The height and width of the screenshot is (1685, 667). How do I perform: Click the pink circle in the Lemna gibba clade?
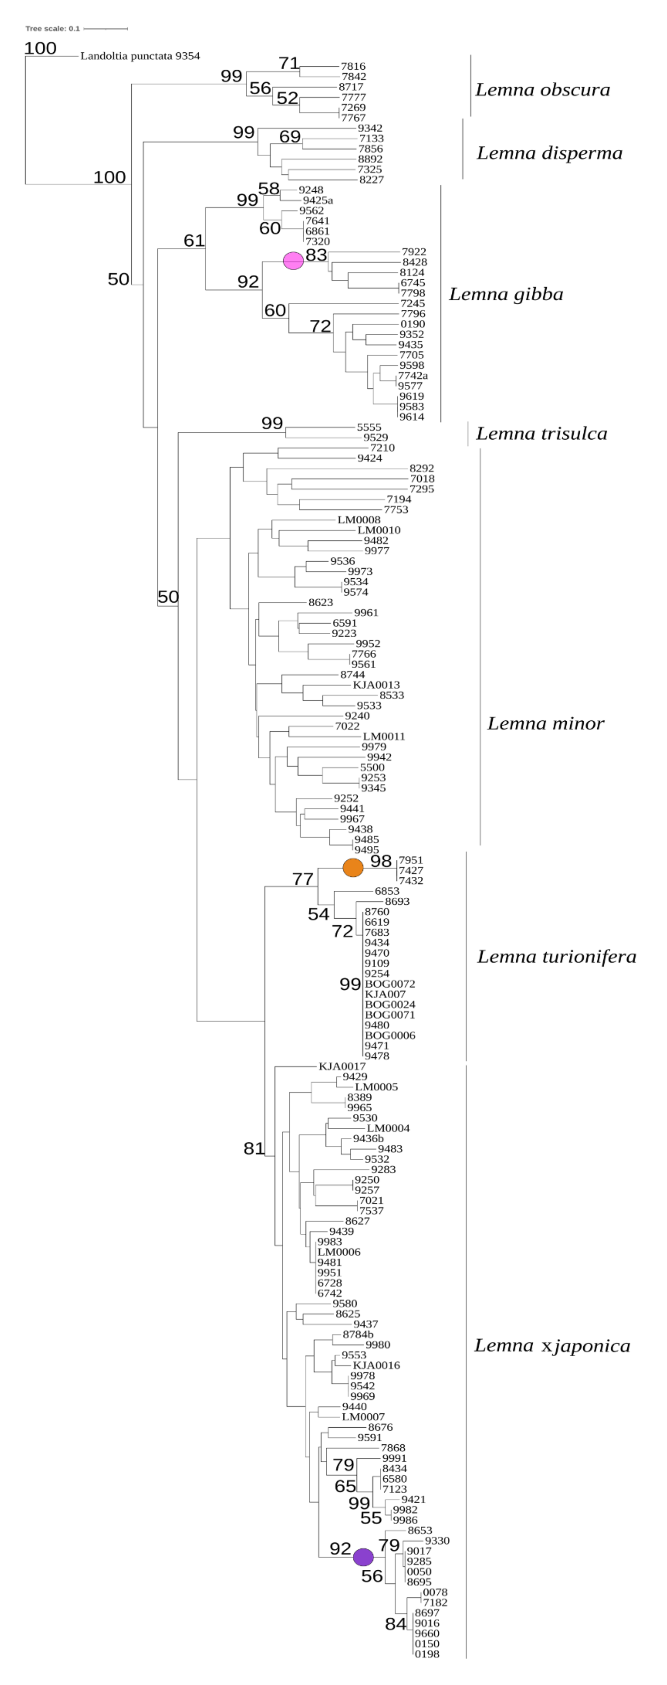tap(293, 260)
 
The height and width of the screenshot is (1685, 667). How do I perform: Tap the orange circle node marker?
tap(353, 867)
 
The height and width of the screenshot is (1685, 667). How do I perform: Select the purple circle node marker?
tap(363, 1557)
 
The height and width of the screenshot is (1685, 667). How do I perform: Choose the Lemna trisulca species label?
tap(541, 434)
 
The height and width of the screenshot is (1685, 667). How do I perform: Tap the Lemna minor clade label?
tap(545, 723)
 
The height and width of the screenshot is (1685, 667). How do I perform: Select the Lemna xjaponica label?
tap(552, 1346)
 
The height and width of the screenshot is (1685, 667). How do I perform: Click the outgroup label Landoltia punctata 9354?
tap(140, 56)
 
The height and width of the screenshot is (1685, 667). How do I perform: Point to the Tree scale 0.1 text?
tap(52, 29)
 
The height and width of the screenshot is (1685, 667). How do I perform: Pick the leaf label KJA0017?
tap(342, 1066)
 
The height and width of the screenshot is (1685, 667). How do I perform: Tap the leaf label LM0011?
tap(384, 737)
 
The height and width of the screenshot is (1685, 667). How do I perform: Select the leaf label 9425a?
tap(317, 200)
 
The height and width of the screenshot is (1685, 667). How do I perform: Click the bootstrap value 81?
tap(254, 1148)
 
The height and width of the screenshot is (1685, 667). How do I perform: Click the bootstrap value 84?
tap(395, 1624)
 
